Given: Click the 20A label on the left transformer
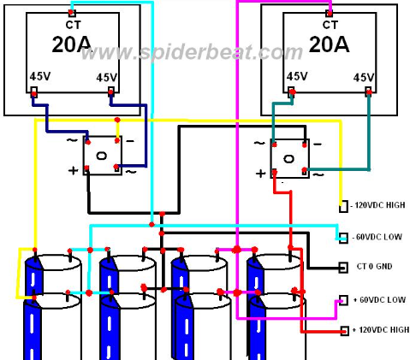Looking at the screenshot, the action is point(71,44).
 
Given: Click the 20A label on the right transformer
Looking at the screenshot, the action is point(329,44).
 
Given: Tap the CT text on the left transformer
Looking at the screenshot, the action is point(74,25).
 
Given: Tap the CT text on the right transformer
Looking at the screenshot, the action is point(330,25).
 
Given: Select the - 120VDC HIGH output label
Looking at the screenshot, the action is point(377,205).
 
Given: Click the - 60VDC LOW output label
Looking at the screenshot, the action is point(377,237).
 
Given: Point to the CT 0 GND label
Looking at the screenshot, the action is point(374,267).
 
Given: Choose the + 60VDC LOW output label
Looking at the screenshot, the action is point(379,300).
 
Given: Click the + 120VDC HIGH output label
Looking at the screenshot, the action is point(381,330).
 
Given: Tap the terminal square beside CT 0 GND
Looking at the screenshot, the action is point(343,268).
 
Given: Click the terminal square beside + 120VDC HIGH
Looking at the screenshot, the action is point(345,331).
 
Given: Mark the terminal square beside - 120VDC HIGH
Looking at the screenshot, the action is point(343,206).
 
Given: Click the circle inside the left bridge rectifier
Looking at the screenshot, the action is point(102,156).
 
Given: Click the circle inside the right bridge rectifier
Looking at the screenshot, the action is point(288,159).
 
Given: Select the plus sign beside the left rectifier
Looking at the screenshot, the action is point(73,170).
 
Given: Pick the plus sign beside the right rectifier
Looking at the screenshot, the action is point(260,174).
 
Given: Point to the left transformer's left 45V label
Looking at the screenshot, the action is point(40,76).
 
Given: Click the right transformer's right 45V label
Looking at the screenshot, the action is point(364,77).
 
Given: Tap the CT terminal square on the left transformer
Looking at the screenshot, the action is point(72,13).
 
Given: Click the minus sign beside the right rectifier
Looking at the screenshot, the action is point(318,144).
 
